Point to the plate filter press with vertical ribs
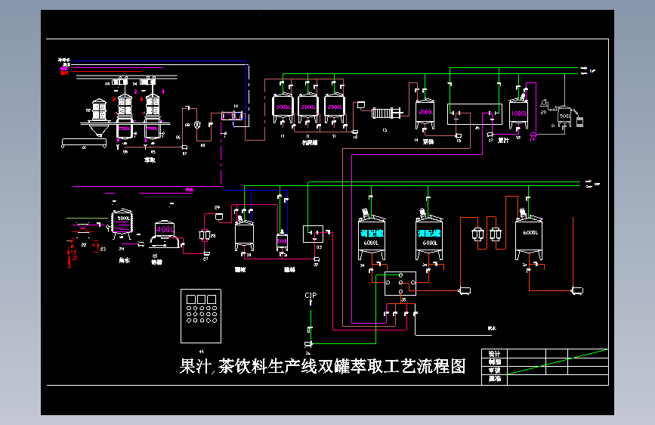(389, 113)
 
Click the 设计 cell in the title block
(494, 354)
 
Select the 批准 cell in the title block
(494, 379)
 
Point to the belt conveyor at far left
(83, 141)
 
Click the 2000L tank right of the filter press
(425, 113)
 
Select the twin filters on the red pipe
(486, 235)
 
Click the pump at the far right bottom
(579, 290)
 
